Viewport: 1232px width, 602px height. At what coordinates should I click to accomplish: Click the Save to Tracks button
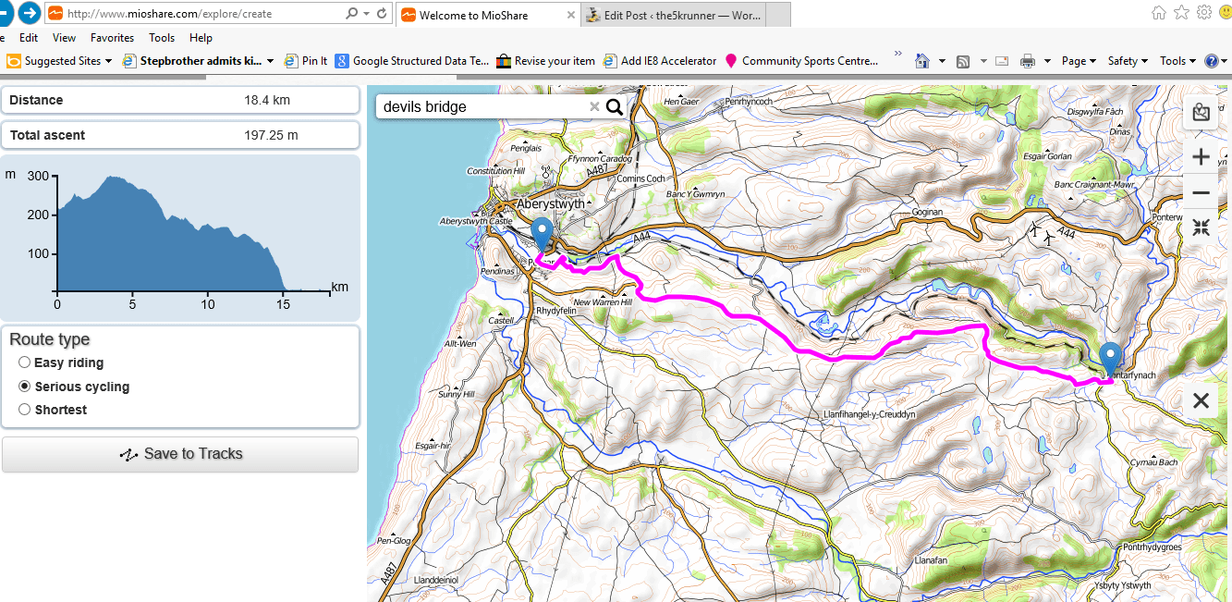click(180, 454)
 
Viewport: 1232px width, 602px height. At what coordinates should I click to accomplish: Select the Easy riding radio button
click(25, 362)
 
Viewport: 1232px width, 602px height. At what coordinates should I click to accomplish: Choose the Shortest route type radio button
click(25, 410)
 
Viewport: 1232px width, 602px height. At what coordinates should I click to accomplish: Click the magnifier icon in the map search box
click(615, 106)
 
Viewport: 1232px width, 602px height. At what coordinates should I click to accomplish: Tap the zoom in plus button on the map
click(1201, 156)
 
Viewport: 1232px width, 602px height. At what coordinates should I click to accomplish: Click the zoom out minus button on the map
click(1201, 193)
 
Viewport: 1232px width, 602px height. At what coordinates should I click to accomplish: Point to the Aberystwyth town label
click(551, 203)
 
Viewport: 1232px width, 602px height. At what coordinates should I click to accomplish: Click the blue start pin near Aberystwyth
click(542, 231)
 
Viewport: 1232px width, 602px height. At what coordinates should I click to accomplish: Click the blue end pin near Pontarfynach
click(1110, 356)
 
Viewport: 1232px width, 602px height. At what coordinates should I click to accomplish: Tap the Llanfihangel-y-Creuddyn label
click(869, 415)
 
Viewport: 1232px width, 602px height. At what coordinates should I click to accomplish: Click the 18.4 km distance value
click(267, 100)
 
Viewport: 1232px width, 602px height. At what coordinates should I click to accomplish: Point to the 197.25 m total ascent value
click(271, 135)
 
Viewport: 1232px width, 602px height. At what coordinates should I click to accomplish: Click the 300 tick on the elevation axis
click(38, 176)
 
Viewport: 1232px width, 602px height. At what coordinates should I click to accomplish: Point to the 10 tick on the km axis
click(208, 304)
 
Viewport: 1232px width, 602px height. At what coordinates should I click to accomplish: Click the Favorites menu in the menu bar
click(112, 38)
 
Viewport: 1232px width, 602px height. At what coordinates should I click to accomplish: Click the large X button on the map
click(1201, 400)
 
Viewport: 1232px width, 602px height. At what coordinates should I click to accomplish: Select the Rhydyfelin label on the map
click(556, 311)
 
